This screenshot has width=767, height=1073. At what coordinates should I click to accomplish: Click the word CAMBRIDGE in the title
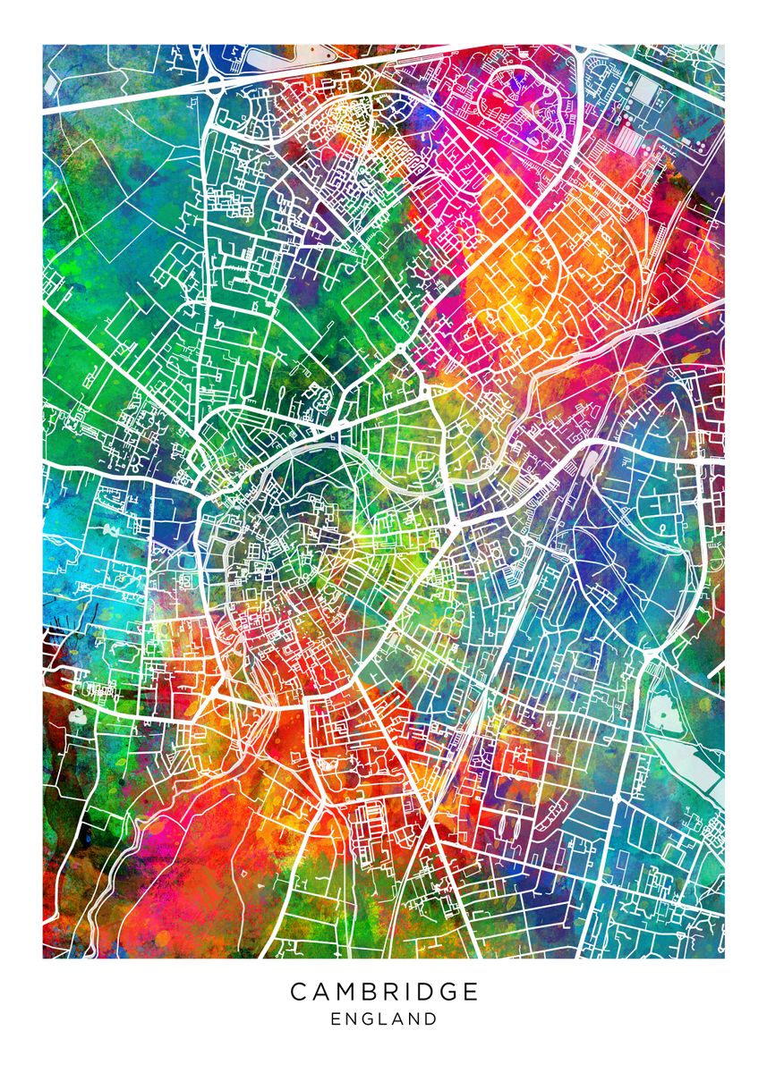384,992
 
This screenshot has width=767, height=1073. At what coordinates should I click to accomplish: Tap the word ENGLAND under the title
384,1018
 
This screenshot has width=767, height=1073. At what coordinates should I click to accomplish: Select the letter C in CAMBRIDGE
298,992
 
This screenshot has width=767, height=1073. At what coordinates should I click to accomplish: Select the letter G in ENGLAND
368,1018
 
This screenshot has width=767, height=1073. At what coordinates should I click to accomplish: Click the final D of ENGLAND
431,1018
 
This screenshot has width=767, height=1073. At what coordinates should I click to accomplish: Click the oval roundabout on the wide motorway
216,86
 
